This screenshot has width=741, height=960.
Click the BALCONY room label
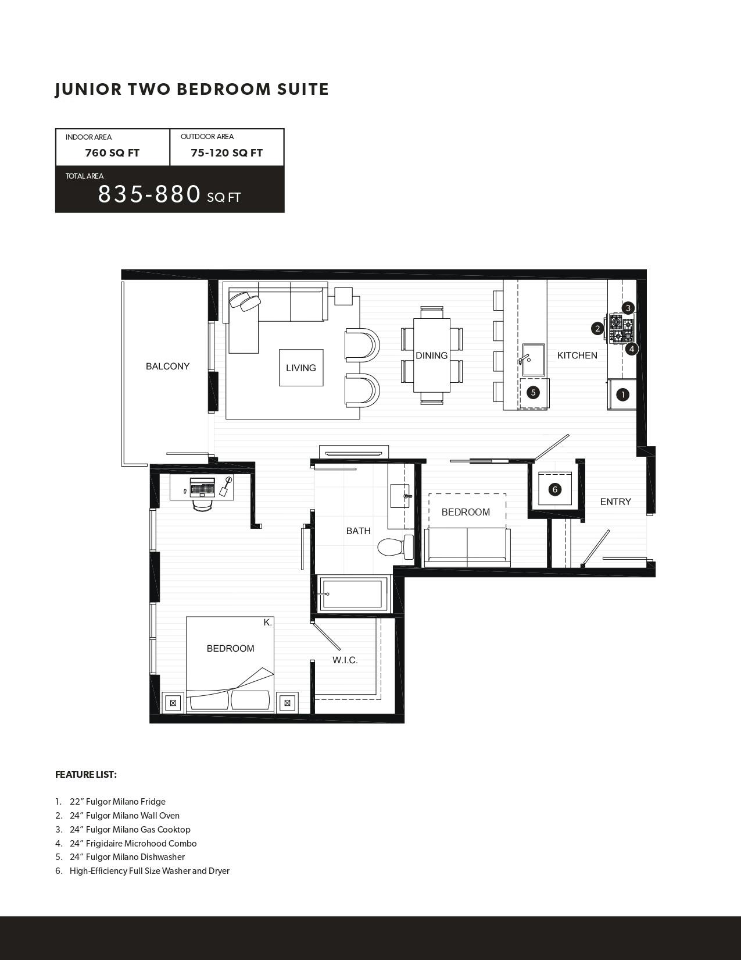click(167, 366)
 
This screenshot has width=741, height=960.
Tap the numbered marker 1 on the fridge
click(622, 394)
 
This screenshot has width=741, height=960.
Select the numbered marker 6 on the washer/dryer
click(554, 489)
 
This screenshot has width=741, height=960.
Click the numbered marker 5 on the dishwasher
click(533, 392)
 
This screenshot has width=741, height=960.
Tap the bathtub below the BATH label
click(353, 593)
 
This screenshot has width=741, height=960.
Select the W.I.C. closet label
click(345, 660)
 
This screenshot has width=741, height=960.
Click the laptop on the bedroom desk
click(202, 486)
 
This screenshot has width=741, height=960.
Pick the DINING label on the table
click(431, 355)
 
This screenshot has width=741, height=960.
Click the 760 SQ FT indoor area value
click(112, 153)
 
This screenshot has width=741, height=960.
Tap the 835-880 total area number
click(149, 194)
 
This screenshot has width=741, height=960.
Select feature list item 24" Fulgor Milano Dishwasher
click(127, 857)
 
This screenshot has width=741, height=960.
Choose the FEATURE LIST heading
click(86, 774)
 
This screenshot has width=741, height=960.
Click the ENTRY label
click(615, 502)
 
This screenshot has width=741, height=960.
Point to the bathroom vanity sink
click(400, 496)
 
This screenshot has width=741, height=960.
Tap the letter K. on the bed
click(267, 623)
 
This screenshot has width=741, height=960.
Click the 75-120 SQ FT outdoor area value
click(227, 153)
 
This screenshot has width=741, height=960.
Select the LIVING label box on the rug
click(301, 368)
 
